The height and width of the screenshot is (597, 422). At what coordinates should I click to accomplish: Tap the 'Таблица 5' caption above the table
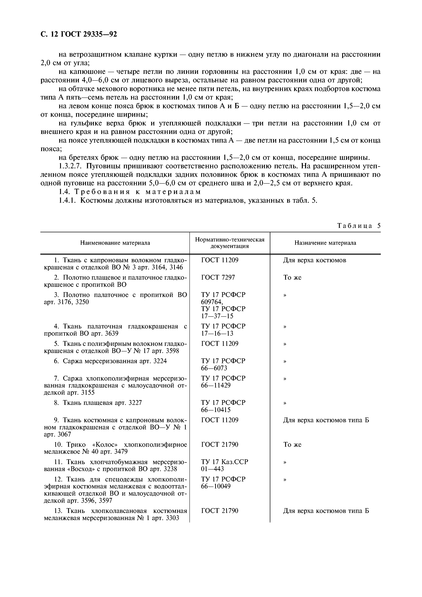click(x=359, y=225)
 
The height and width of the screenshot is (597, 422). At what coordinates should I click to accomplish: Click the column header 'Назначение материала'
click(x=325, y=243)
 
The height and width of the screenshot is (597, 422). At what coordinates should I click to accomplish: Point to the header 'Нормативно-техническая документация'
click(x=230, y=243)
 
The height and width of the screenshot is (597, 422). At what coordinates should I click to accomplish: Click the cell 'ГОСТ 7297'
click(x=218, y=277)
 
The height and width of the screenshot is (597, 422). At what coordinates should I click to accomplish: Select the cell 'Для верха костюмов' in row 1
click(x=314, y=260)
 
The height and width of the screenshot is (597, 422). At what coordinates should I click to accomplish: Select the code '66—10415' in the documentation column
click(x=216, y=410)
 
